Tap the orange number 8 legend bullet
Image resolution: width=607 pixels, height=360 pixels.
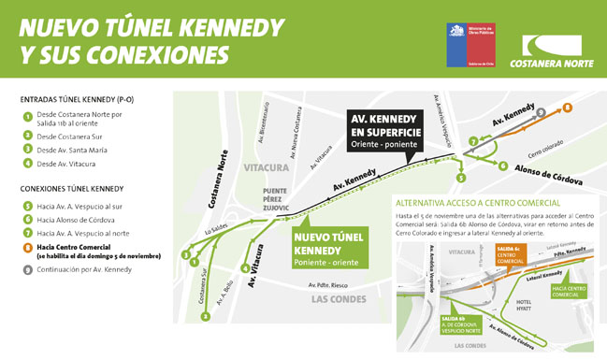28,248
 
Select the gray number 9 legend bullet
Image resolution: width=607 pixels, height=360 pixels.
28,269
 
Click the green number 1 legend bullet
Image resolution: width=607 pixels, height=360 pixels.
28,117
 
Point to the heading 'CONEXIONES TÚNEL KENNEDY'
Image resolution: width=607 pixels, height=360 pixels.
72,189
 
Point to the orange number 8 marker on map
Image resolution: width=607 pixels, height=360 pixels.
568,108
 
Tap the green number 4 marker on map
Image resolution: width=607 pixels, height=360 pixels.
245,268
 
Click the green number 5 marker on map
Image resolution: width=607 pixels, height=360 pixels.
460,178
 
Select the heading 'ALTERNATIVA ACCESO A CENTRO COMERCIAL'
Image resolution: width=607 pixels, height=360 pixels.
478,202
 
